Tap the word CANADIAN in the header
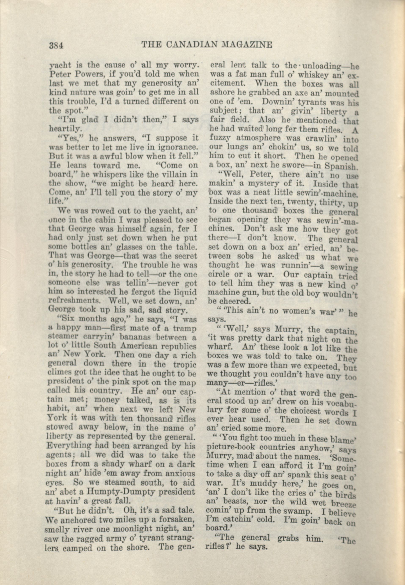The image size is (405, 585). [x=192, y=45]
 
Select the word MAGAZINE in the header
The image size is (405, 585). [x=247, y=45]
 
